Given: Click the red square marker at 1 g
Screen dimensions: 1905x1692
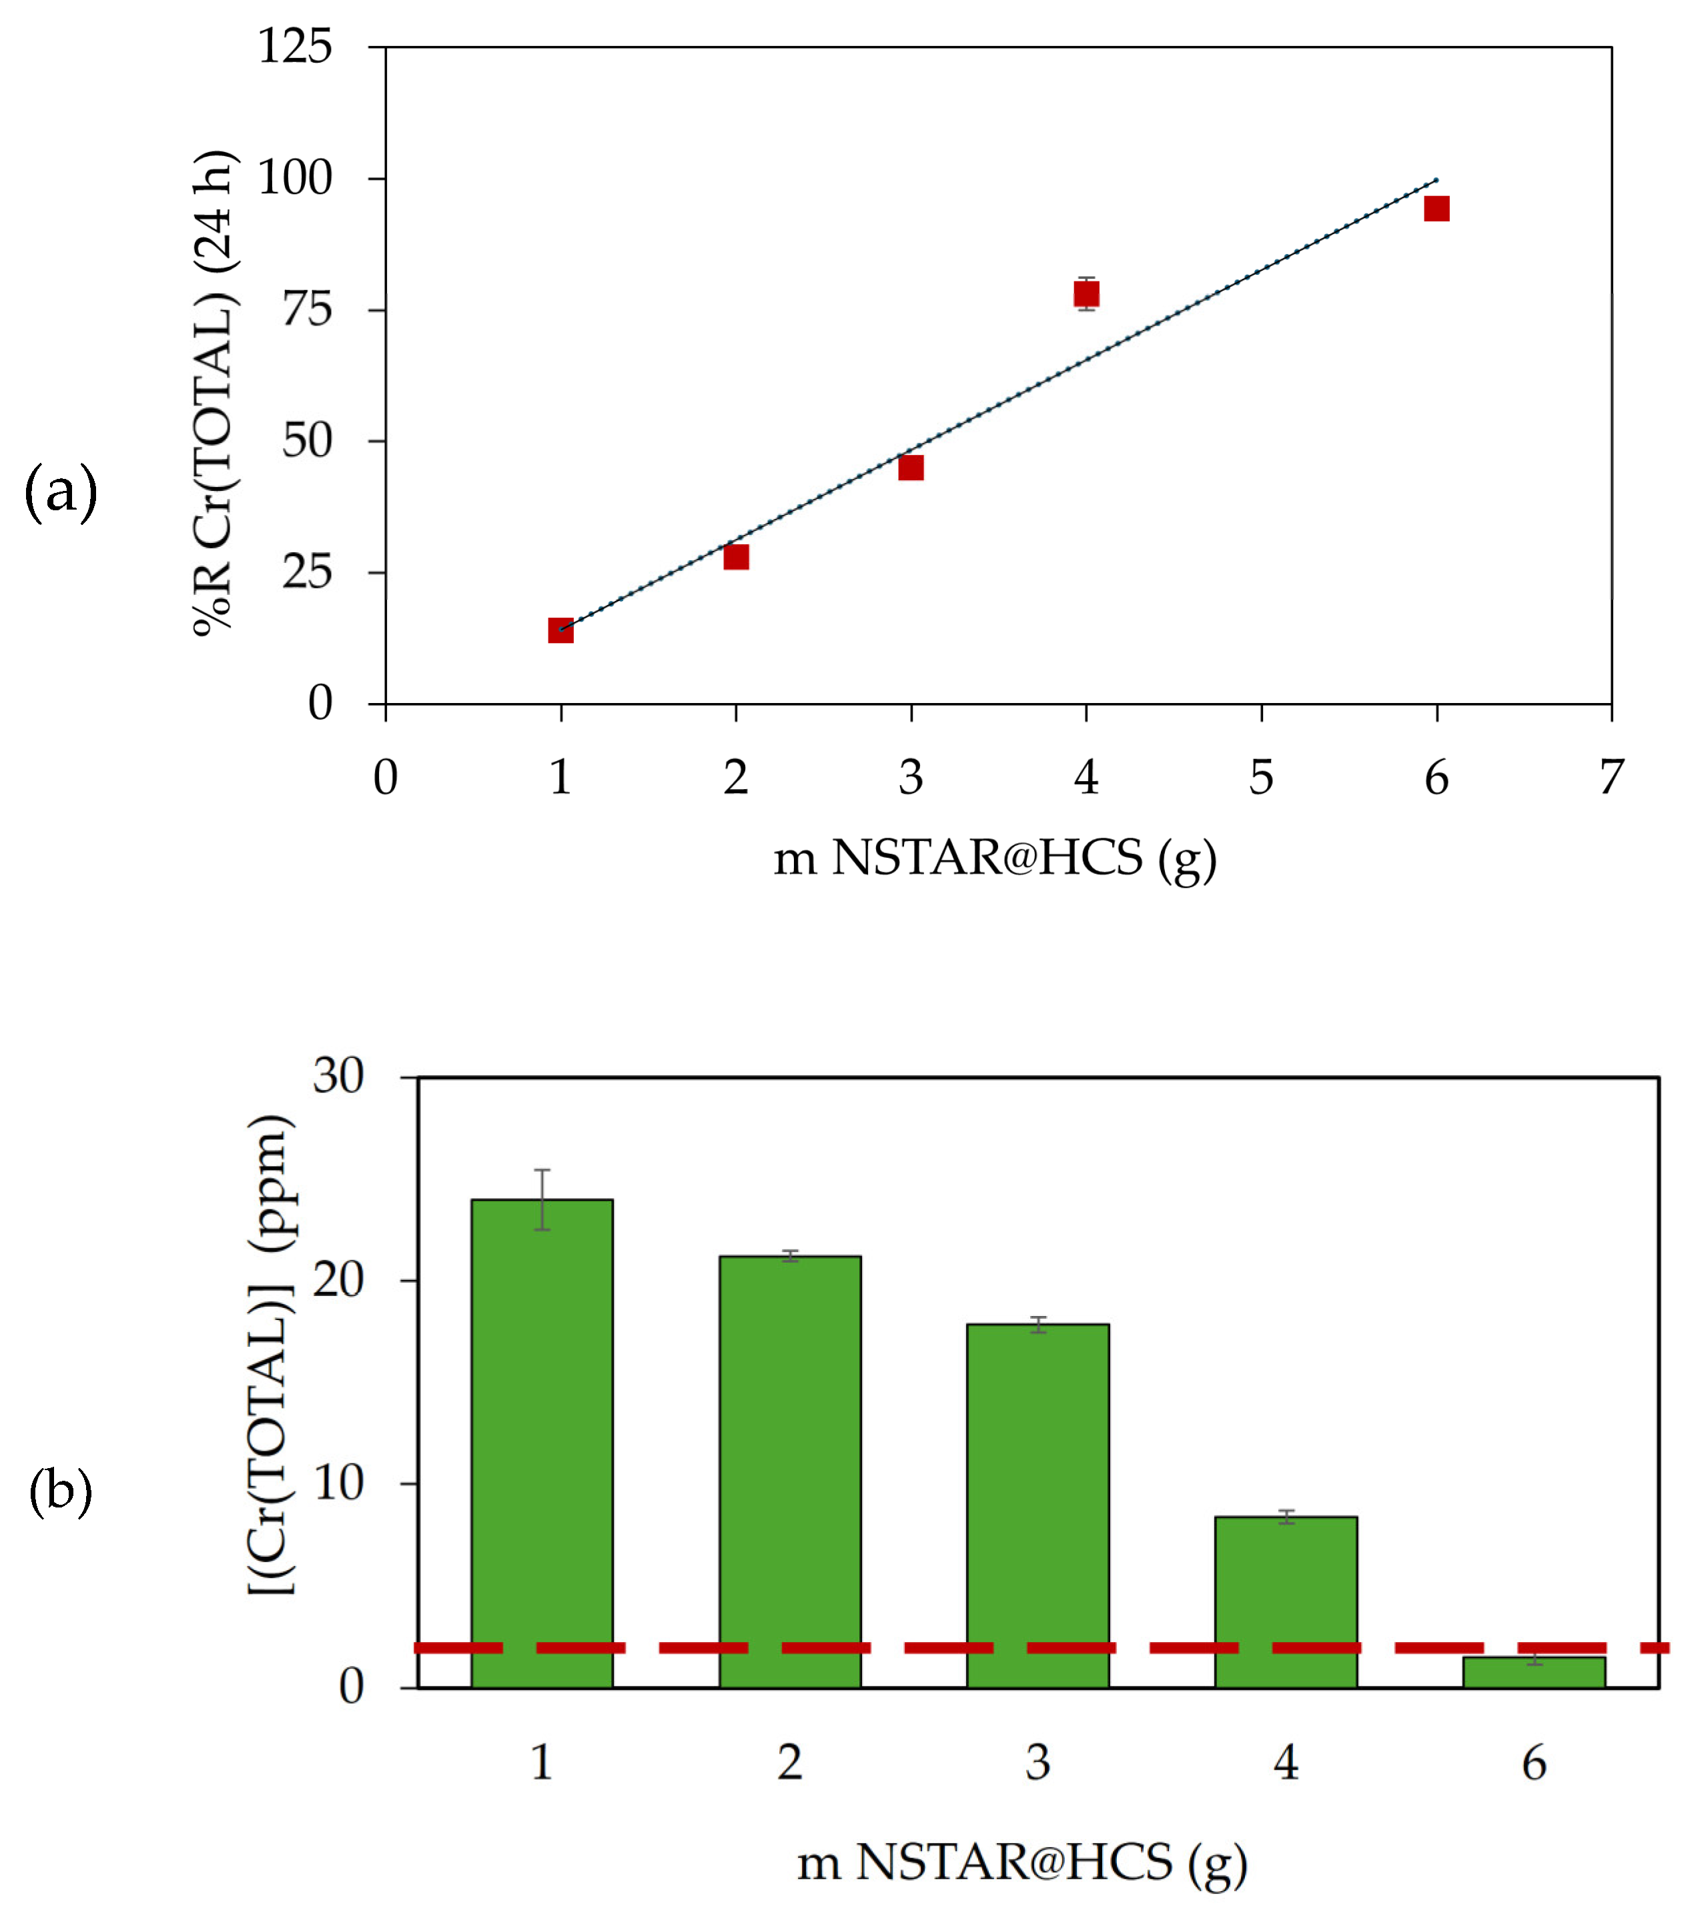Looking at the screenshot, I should [560, 631].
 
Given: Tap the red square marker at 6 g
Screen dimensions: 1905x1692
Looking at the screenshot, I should [1436, 209].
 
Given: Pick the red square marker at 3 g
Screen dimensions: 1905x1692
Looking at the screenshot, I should [911, 468].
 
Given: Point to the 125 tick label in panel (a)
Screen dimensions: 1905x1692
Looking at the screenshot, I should [295, 47].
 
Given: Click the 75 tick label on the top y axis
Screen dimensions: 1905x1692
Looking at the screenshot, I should [307, 310].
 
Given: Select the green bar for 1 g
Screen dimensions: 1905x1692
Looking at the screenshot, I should [542, 1445].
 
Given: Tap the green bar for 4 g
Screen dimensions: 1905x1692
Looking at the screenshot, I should [1286, 1603].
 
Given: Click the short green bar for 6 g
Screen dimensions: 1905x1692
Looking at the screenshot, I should [1533, 1673].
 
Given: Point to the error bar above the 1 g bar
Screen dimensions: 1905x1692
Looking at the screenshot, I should [542, 1199].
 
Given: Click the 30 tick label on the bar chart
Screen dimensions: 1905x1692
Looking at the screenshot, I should [338, 1077].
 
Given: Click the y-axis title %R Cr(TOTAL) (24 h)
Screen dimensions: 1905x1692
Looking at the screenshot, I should [214, 392].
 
